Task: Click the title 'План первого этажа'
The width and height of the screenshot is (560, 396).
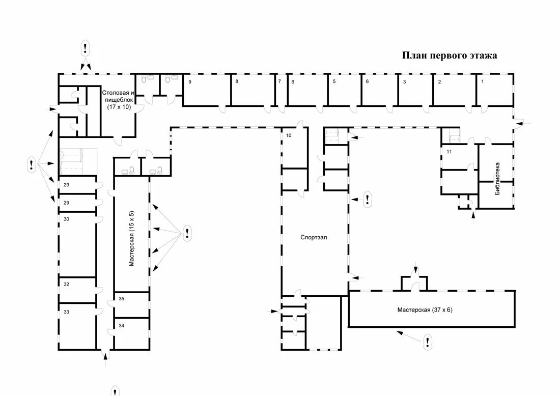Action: point(450,55)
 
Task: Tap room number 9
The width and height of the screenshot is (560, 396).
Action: point(190,81)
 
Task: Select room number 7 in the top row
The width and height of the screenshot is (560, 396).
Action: point(279,81)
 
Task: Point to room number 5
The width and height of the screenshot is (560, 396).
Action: point(334,81)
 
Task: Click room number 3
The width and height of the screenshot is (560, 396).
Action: point(404,81)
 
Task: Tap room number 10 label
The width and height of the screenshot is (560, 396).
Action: point(288,135)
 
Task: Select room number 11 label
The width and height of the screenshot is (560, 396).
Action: point(449,152)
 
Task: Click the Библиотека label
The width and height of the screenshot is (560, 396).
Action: point(497,179)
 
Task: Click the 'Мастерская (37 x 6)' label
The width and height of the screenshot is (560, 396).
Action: point(425,309)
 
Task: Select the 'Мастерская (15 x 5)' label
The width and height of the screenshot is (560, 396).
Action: point(131,238)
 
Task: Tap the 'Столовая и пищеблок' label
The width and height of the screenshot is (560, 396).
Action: point(118,100)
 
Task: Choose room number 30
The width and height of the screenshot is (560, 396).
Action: point(66,219)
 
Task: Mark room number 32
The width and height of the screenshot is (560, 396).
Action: point(66,285)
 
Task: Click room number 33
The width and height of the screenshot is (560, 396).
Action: point(66,312)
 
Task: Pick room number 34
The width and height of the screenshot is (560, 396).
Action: point(121,325)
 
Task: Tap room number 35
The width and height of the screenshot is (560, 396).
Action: point(121,299)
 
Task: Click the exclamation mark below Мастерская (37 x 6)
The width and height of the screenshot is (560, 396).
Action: point(428,342)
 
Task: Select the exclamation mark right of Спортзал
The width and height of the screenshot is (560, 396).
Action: point(368,199)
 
